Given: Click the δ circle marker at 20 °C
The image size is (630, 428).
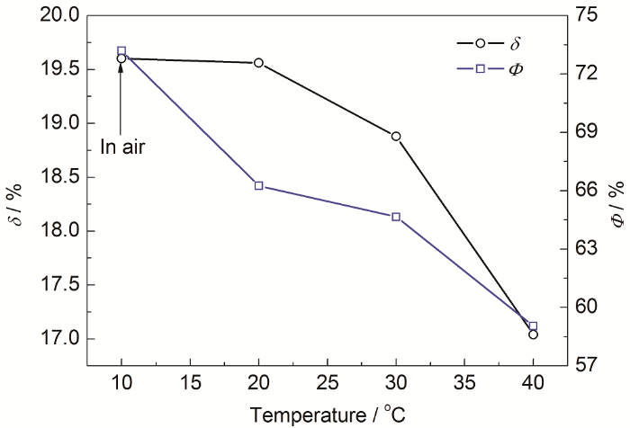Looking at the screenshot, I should click(259, 63).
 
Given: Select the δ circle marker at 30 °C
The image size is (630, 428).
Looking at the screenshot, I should click(396, 137).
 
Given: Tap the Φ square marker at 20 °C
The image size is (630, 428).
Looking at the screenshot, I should click(259, 186).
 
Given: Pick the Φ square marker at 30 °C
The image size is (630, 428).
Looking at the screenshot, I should click(396, 217).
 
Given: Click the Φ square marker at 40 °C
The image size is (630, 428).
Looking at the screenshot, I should click(533, 325).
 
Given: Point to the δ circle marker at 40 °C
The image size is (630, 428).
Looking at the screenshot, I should click(533, 334).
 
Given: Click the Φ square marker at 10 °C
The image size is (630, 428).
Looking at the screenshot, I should click(121, 50).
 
